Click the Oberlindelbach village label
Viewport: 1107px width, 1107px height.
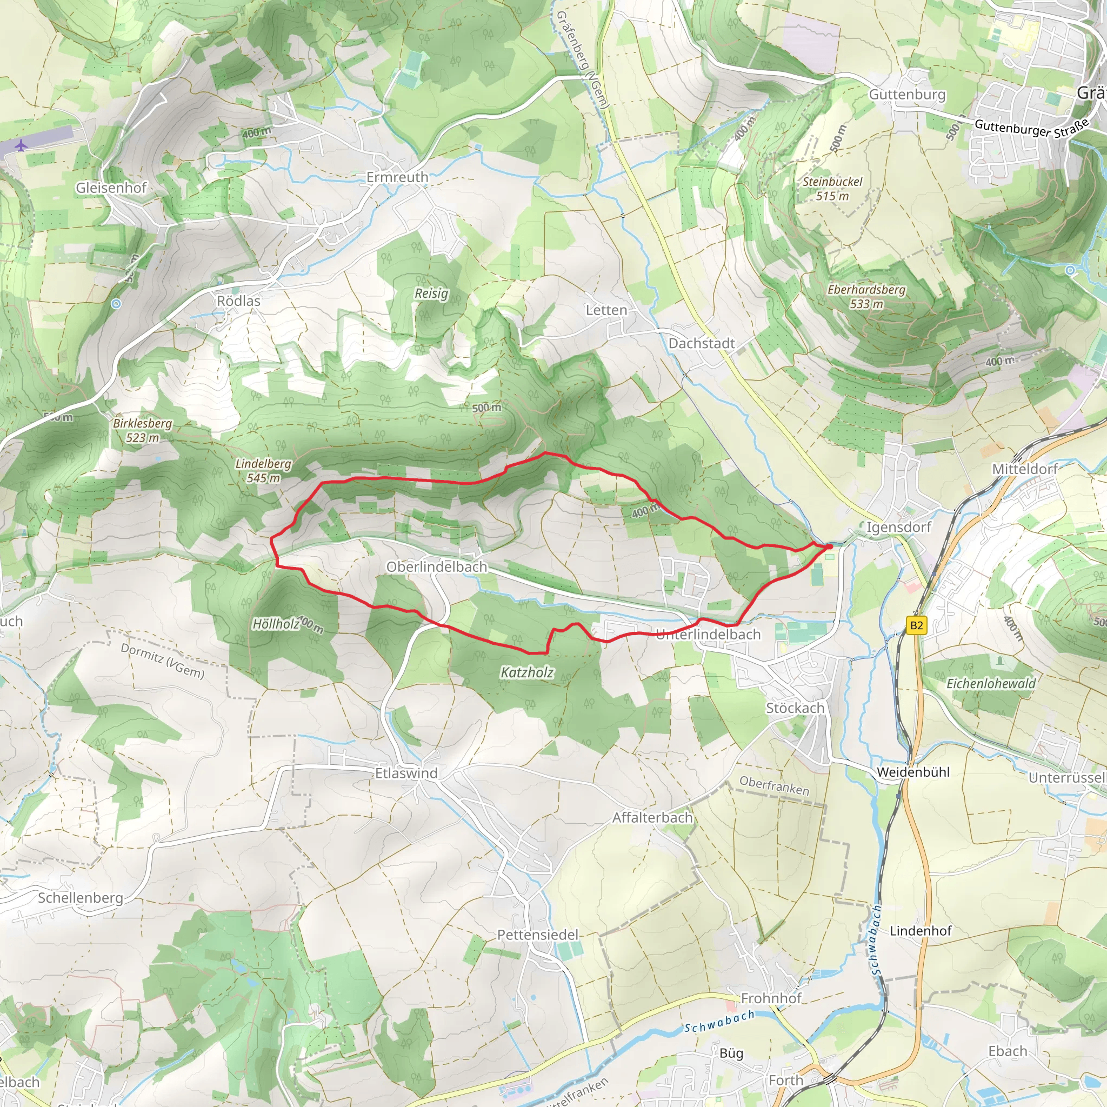437,566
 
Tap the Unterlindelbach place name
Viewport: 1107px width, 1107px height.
708,634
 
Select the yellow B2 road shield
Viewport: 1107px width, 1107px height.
917,624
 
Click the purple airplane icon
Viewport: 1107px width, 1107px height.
22,145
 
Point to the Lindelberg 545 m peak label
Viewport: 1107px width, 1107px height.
264,470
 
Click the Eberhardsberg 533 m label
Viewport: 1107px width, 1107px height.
866,296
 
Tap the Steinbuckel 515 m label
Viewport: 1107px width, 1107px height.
832,189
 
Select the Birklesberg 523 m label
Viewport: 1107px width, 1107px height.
142,430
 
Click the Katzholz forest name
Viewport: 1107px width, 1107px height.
527,672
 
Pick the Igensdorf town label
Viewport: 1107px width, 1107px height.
898,527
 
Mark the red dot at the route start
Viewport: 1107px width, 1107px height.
829,546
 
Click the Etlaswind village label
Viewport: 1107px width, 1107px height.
406,773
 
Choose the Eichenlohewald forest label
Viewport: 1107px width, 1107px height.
991,684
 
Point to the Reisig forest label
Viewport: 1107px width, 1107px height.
431,294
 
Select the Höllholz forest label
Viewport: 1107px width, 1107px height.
276,623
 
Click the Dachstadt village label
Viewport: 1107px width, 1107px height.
701,343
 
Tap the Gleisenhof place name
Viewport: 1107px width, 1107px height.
111,188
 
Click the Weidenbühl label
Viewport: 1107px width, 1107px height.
913,772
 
